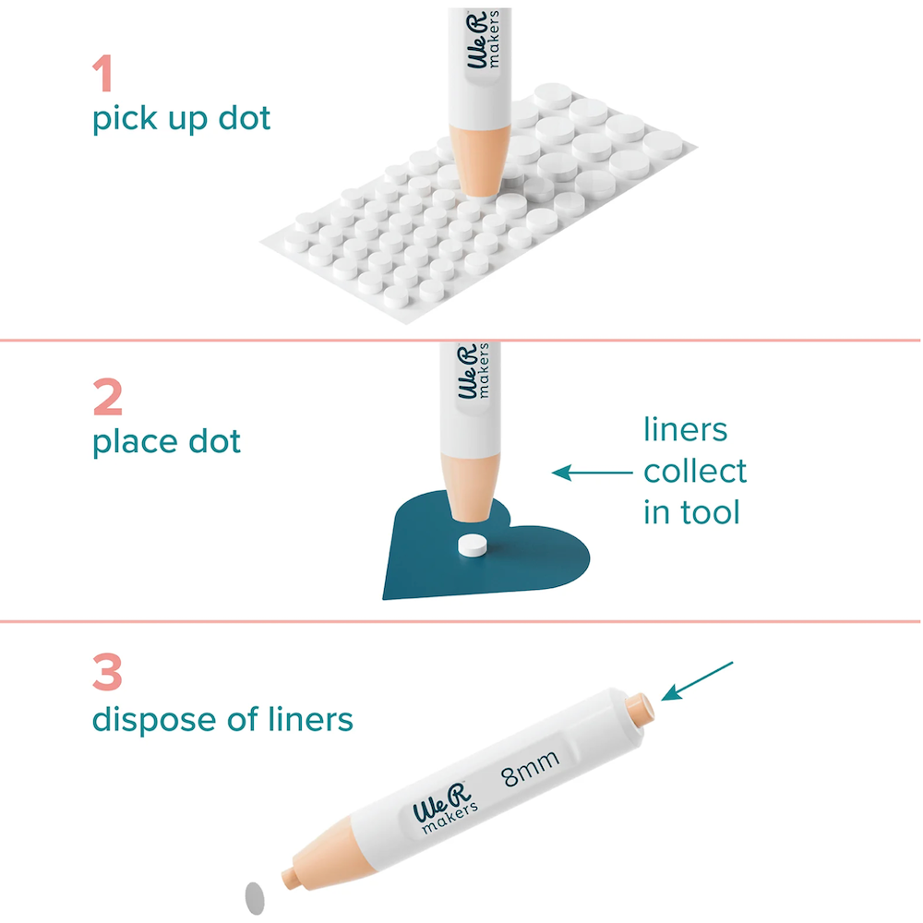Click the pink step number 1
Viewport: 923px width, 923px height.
(x=103, y=73)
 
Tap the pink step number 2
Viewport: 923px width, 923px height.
(x=108, y=397)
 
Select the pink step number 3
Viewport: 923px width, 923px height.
(x=107, y=672)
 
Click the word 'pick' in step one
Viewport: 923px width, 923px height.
(x=125, y=119)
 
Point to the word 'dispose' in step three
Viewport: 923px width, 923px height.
(x=158, y=720)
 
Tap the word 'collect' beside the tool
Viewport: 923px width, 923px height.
(x=695, y=471)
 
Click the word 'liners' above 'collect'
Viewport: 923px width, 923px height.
(x=685, y=429)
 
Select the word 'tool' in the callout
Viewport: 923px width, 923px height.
(x=711, y=511)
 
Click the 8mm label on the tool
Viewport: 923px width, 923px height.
(x=531, y=768)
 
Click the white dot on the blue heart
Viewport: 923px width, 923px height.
(x=473, y=545)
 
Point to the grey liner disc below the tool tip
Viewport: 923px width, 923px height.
(x=255, y=898)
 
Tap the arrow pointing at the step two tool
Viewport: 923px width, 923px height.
(x=593, y=472)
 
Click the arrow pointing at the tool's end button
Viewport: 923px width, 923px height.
(x=697, y=681)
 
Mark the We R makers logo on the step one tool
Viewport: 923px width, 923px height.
(x=483, y=39)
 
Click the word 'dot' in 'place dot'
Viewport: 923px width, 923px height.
(x=214, y=441)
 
